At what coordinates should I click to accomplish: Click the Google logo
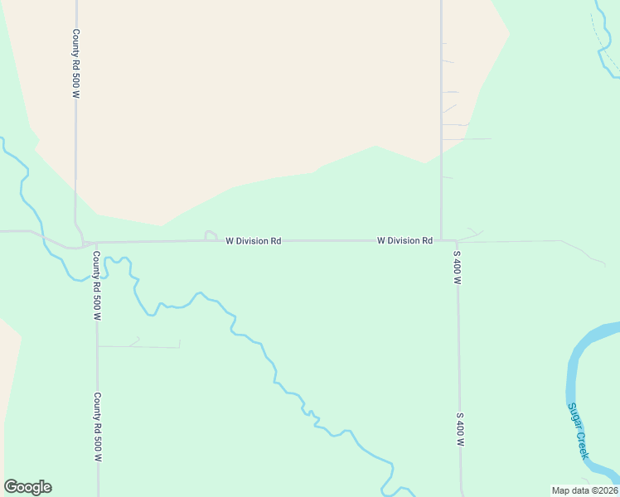[x=27, y=487]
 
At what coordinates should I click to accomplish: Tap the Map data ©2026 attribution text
[x=584, y=490]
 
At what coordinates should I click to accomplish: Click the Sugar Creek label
[x=578, y=431]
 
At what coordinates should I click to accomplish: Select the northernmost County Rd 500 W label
[x=75, y=65]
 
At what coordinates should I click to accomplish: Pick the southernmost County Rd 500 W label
[x=97, y=427]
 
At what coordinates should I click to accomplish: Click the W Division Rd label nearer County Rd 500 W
[x=254, y=241]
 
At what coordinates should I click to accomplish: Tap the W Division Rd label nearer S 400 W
[x=404, y=241]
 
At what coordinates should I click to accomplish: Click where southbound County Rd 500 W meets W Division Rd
[x=96, y=244]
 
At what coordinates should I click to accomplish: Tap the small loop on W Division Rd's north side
[x=211, y=236]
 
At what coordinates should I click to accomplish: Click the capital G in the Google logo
[x=12, y=487]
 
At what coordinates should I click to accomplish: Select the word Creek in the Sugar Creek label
[x=582, y=444]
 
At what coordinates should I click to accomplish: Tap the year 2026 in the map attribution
[x=605, y=490]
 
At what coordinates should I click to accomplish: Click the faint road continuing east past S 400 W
[x=530, y=241]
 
